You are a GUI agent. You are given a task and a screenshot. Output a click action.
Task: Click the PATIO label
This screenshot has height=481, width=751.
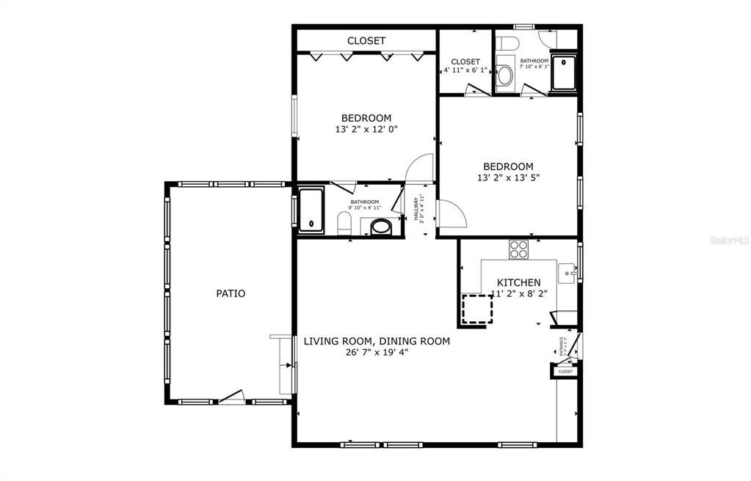click(231, 294)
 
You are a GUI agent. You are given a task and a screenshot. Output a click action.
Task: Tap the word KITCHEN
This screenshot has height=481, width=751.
click(519, 283)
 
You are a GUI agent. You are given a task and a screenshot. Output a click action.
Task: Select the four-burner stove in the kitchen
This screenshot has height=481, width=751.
click(519, 249)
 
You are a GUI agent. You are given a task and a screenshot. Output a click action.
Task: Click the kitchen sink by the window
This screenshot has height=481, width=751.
click(567, 273)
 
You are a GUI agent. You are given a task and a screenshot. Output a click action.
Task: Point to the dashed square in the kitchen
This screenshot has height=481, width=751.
click(476, 309)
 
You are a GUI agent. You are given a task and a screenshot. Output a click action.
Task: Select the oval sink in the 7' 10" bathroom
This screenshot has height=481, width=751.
click(505, 74)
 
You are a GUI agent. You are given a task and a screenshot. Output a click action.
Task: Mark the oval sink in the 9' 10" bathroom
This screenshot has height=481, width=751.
click(381, 227)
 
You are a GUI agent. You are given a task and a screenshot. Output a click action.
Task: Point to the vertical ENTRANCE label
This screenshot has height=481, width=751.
click(562, 345)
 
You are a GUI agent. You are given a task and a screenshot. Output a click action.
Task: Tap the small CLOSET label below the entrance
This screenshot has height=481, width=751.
click(565, 372)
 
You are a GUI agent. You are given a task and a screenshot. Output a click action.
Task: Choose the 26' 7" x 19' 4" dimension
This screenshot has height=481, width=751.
click(377, 352)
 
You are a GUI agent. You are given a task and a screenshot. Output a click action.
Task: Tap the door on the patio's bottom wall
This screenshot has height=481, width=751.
click(233, 397)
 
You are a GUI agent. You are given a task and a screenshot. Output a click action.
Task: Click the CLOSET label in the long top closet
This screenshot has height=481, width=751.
click(366, 41)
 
